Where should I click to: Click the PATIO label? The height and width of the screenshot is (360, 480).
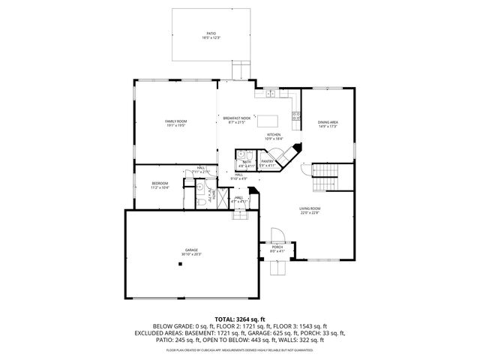coord(211,33)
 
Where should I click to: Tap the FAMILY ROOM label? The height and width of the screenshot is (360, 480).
coord(175,121)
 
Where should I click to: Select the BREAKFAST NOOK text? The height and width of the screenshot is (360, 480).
coord(236,118)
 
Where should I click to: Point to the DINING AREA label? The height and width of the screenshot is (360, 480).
coord(328,121)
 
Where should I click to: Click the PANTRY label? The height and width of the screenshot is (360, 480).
coord(268,160)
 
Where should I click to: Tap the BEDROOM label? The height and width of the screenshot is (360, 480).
coord(160,183)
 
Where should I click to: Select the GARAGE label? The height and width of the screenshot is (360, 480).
coord(192,250)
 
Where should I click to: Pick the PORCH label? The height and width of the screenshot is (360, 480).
coord(277,247)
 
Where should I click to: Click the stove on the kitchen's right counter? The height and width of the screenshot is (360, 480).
coord(296,116)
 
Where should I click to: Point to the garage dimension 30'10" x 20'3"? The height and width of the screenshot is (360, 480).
coord(192,254)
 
